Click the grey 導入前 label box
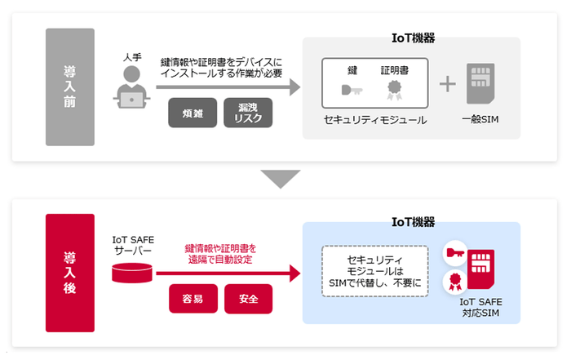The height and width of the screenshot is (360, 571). [70, 87]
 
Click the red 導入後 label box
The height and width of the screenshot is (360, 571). [70, 272]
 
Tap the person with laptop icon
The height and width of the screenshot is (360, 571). [130, 87]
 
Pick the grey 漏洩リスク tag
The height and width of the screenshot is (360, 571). [248, 113]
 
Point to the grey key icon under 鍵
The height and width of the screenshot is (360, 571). [352, 91]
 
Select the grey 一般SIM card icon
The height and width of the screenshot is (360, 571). [481, 85]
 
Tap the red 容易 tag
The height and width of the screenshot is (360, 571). [193, 299]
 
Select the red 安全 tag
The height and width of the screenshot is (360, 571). [248, 299]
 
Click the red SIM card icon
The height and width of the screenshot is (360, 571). [480, 269]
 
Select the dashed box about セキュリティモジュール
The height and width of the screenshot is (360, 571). [374, 270]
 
